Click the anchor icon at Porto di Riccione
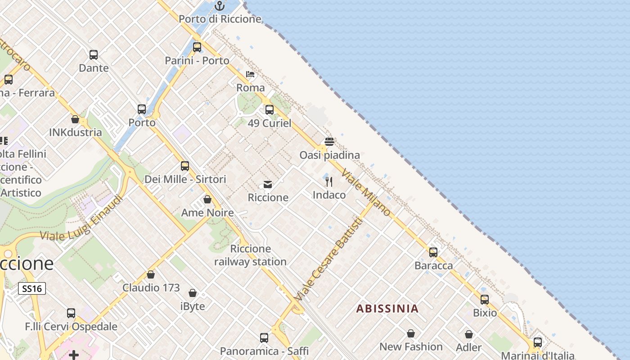[220, 6]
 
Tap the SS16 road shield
[32, 288]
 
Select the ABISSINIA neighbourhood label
[387, 309]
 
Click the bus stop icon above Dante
[94, 55]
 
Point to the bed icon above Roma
[250, 74]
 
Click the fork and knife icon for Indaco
[329, 182]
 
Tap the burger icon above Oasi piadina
[329, 142]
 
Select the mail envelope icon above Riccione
[268, 184]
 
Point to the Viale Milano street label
[366, 192]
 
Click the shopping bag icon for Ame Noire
[207, 199]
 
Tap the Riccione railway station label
[250, 255]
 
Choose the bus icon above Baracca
[433, 252]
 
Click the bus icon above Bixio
[485, 300]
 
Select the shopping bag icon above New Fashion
[411, 333]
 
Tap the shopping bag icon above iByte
[193, 293]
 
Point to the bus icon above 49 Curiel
[270, 110]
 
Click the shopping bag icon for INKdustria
[75, 120]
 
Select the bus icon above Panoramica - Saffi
[264, 338]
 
